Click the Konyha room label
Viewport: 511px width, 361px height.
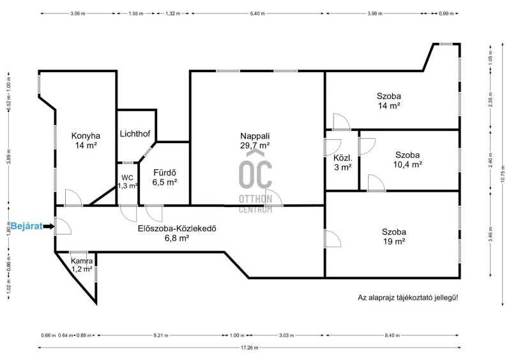pos(86,141)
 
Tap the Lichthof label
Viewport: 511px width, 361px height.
pos(135,134)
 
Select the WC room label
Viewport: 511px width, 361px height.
pos(127,182)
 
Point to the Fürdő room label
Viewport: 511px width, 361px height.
pos(165,178)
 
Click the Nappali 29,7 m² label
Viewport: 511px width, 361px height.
pos(255,141)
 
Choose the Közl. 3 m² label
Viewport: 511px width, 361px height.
pos(342,163)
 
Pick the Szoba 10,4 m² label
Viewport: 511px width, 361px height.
pos(408,160)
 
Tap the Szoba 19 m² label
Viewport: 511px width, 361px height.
pos(394,237)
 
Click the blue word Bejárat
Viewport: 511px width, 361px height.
pos(27,226)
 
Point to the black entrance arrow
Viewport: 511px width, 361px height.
pos(49,226)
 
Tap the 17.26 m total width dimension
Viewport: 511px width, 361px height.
pos(249,348)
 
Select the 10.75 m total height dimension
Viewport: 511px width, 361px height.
pos(503,174)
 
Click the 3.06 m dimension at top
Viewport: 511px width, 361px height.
pos(77,13)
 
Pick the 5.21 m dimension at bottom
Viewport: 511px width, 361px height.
pos(161,335)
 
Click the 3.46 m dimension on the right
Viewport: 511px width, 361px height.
pos(491,234)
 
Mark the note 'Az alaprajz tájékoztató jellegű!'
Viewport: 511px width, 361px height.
pos(408,298)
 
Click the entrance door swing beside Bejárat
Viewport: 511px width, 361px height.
pos(63,226)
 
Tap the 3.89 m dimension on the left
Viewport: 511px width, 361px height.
pos(9,158)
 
